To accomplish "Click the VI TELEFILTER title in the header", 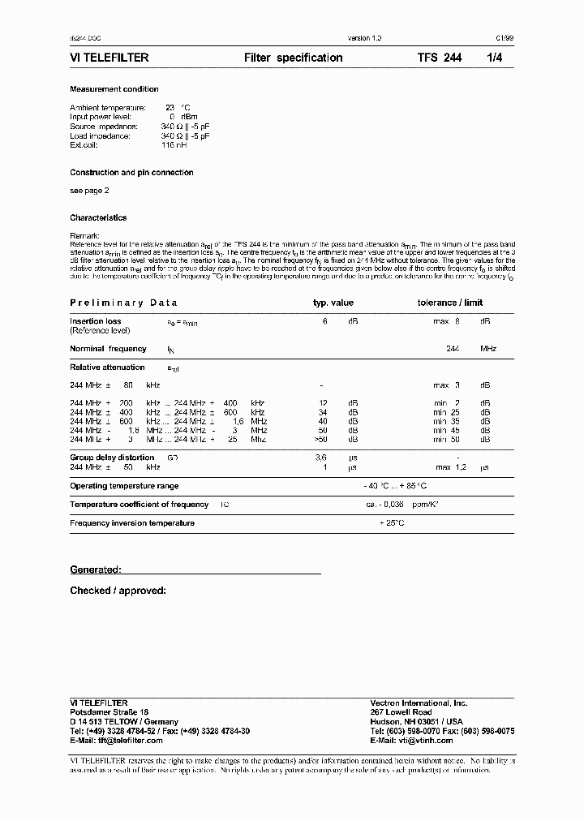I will click(x=109, y=58).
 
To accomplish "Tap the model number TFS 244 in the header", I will click(x=439, y=58).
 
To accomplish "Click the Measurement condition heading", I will click(x=114, y=89).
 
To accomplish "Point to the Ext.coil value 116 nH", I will click(x=174, y=146).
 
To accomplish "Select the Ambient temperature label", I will click(x=108, y=107).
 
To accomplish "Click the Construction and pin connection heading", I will click(x=131, y=173).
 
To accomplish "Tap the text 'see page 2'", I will click(x=89, y=190).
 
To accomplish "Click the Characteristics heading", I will click(x=98, y=217).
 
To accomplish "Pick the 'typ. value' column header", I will click(x=333, y=303).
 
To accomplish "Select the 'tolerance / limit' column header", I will click(x=449, y=303).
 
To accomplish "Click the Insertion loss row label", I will click(x=96, y=321).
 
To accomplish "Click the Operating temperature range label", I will click(x=124, y=486).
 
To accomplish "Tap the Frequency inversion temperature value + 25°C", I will click(x=392, y=523).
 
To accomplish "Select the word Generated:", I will click(x=96, y=570).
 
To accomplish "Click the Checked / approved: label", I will click(x=118, y=590).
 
